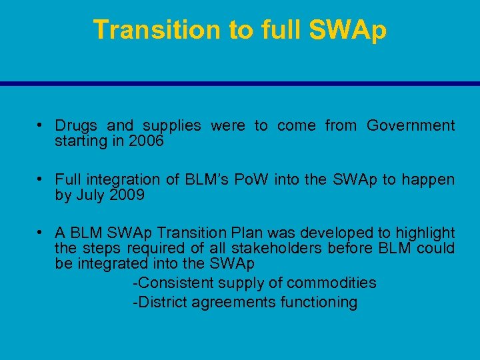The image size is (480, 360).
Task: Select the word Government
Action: pos(411,125)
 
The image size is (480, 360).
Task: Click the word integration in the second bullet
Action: pos(123,179)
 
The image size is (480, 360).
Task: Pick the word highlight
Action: pos(425,233)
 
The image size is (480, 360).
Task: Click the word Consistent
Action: pos(175,283)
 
